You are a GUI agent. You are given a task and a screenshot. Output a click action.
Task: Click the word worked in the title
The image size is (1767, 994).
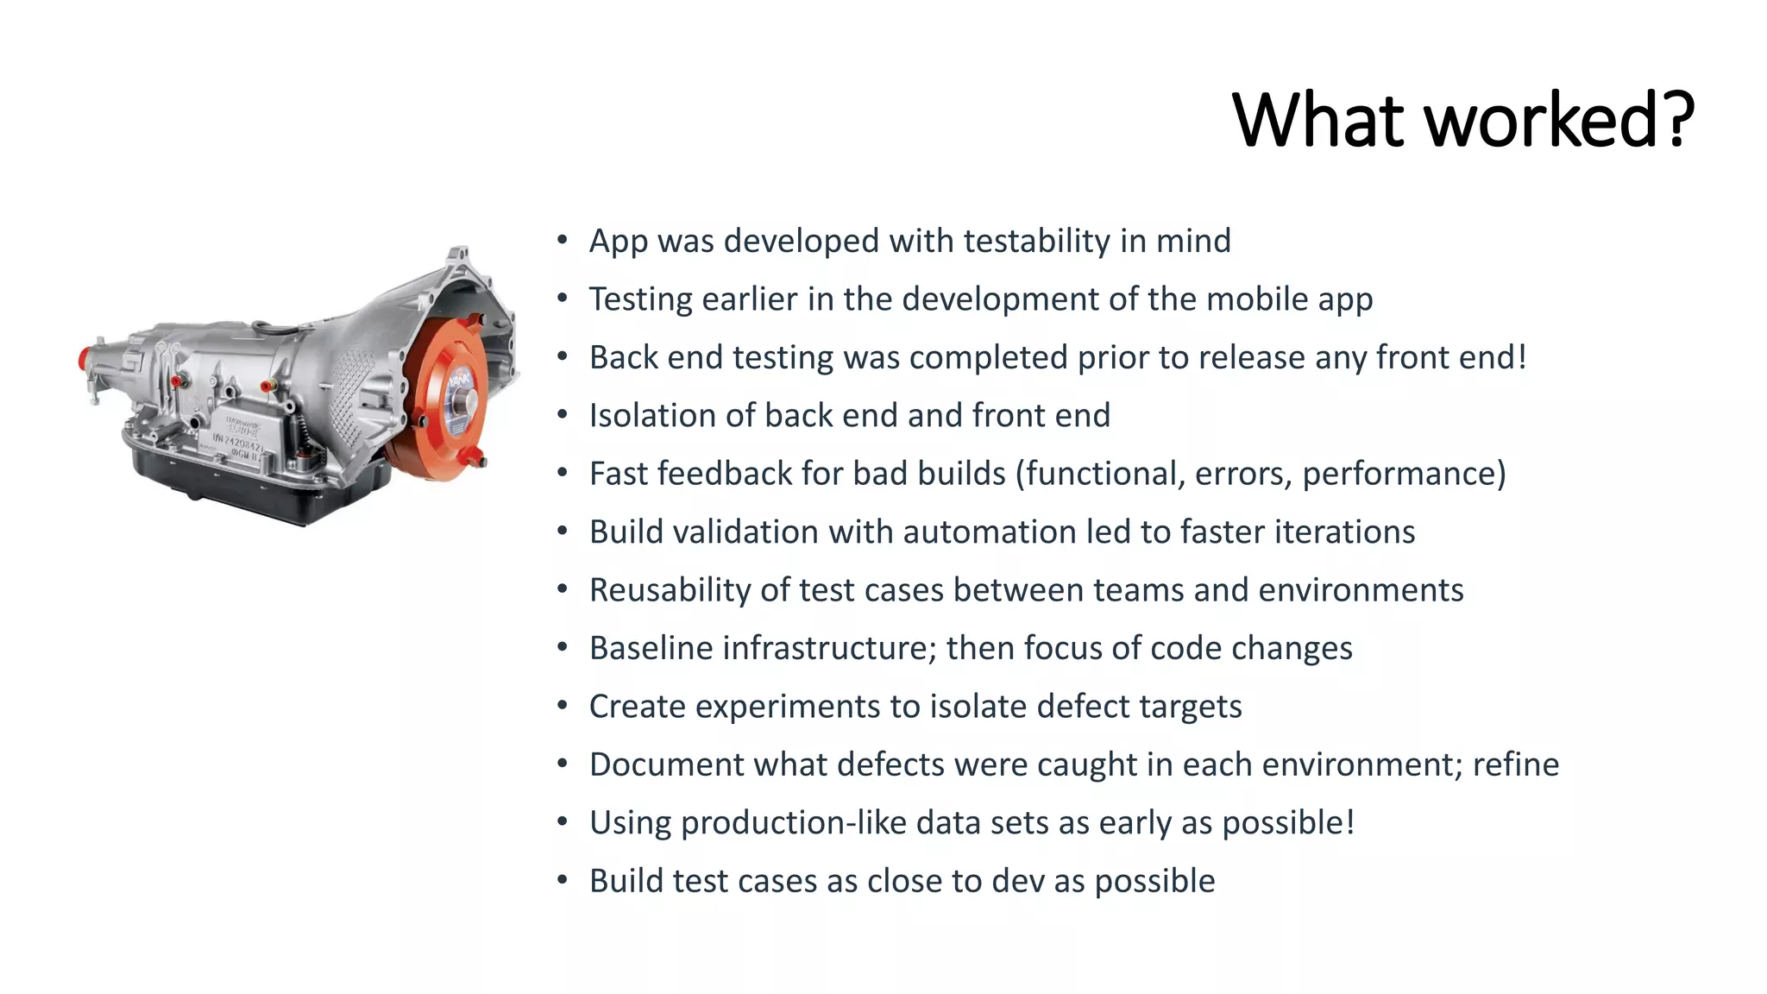tap(1540, 121)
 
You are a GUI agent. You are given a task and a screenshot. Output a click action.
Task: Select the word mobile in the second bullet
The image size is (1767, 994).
tap(1257, 299)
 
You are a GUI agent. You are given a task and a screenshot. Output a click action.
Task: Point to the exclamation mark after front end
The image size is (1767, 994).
tap(1522, 356)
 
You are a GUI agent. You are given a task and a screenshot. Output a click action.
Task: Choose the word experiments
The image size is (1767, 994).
tap(787, 707)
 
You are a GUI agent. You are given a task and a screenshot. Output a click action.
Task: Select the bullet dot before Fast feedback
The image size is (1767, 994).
tap(563, 473)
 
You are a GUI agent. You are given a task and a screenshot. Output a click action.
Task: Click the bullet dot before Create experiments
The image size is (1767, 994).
tap(563, 706)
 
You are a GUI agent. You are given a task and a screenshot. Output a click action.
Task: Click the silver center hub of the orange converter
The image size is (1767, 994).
tap(467, 401)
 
